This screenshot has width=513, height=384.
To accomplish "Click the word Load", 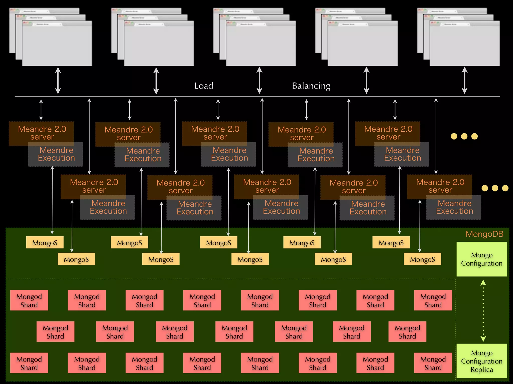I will (x=204, y=86).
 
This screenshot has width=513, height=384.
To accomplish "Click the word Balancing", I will (x=311, y=86).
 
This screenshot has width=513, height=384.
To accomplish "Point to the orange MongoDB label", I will (x=484, y=234).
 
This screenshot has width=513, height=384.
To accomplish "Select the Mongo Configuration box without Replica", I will (x=481, y=259).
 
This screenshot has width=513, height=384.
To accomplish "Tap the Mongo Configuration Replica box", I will (x=481, y=361).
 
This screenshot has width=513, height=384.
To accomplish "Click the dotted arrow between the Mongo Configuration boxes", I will (x=483, y=310).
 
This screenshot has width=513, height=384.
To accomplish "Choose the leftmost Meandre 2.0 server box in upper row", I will (x=42, y=133).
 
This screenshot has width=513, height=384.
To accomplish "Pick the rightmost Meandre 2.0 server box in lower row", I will (x=440, y=186).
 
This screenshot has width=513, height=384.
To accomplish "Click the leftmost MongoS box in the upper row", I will (x=45, y=242).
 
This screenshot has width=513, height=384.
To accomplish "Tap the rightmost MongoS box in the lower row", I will (x=422, y=259).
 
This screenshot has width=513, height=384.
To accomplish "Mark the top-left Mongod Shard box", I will (x=29, y=300).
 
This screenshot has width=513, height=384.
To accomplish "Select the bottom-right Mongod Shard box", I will (x=433, y=363).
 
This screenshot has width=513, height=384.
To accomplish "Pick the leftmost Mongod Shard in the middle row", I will (x=55, y=331).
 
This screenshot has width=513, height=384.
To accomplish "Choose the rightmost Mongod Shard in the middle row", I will (x=407, y=331).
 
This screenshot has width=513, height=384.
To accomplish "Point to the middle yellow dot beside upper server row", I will (x=464, y=136).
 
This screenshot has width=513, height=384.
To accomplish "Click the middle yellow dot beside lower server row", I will (x=495, y=188).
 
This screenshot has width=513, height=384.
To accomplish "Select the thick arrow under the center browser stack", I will (x=259, y=80).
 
